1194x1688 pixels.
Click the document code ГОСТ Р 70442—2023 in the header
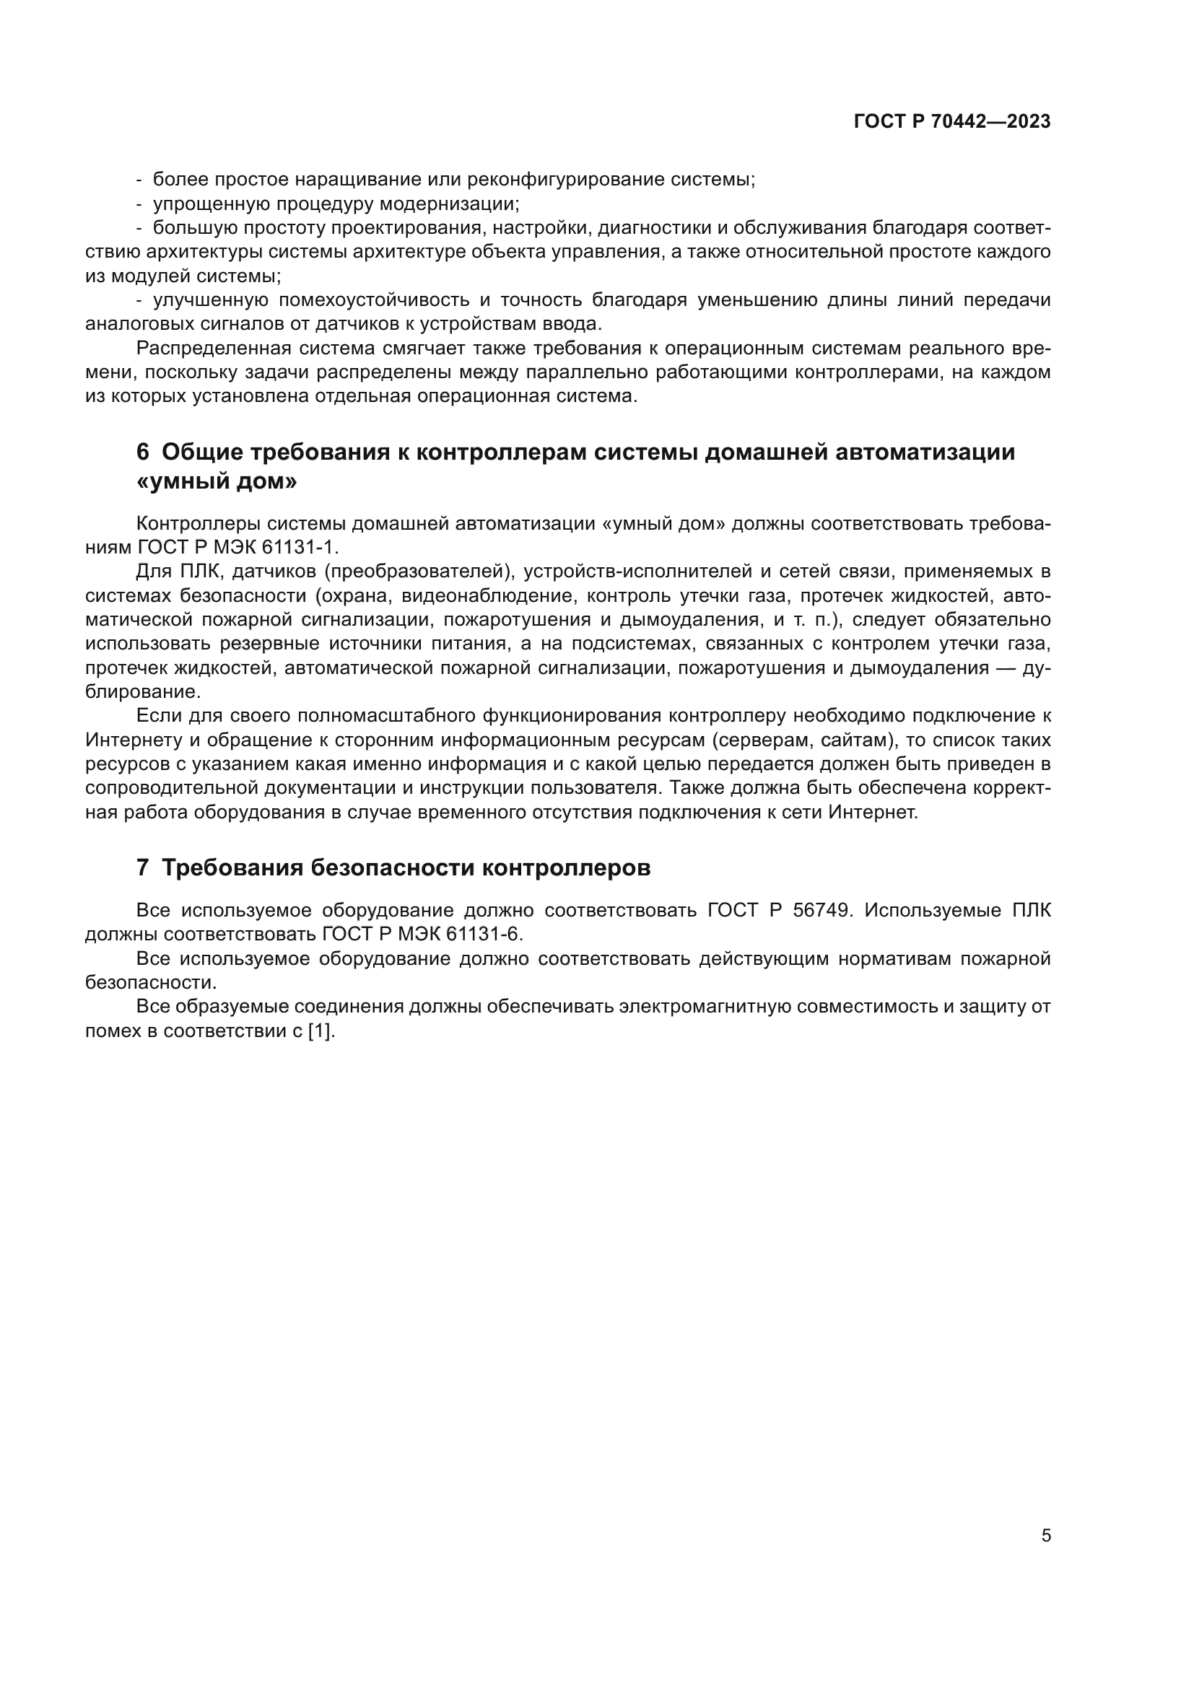952,122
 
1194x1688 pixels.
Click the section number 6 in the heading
143,451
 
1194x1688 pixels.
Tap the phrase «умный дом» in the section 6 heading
217,482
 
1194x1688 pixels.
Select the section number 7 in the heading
143,867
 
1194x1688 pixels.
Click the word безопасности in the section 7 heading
392,867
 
